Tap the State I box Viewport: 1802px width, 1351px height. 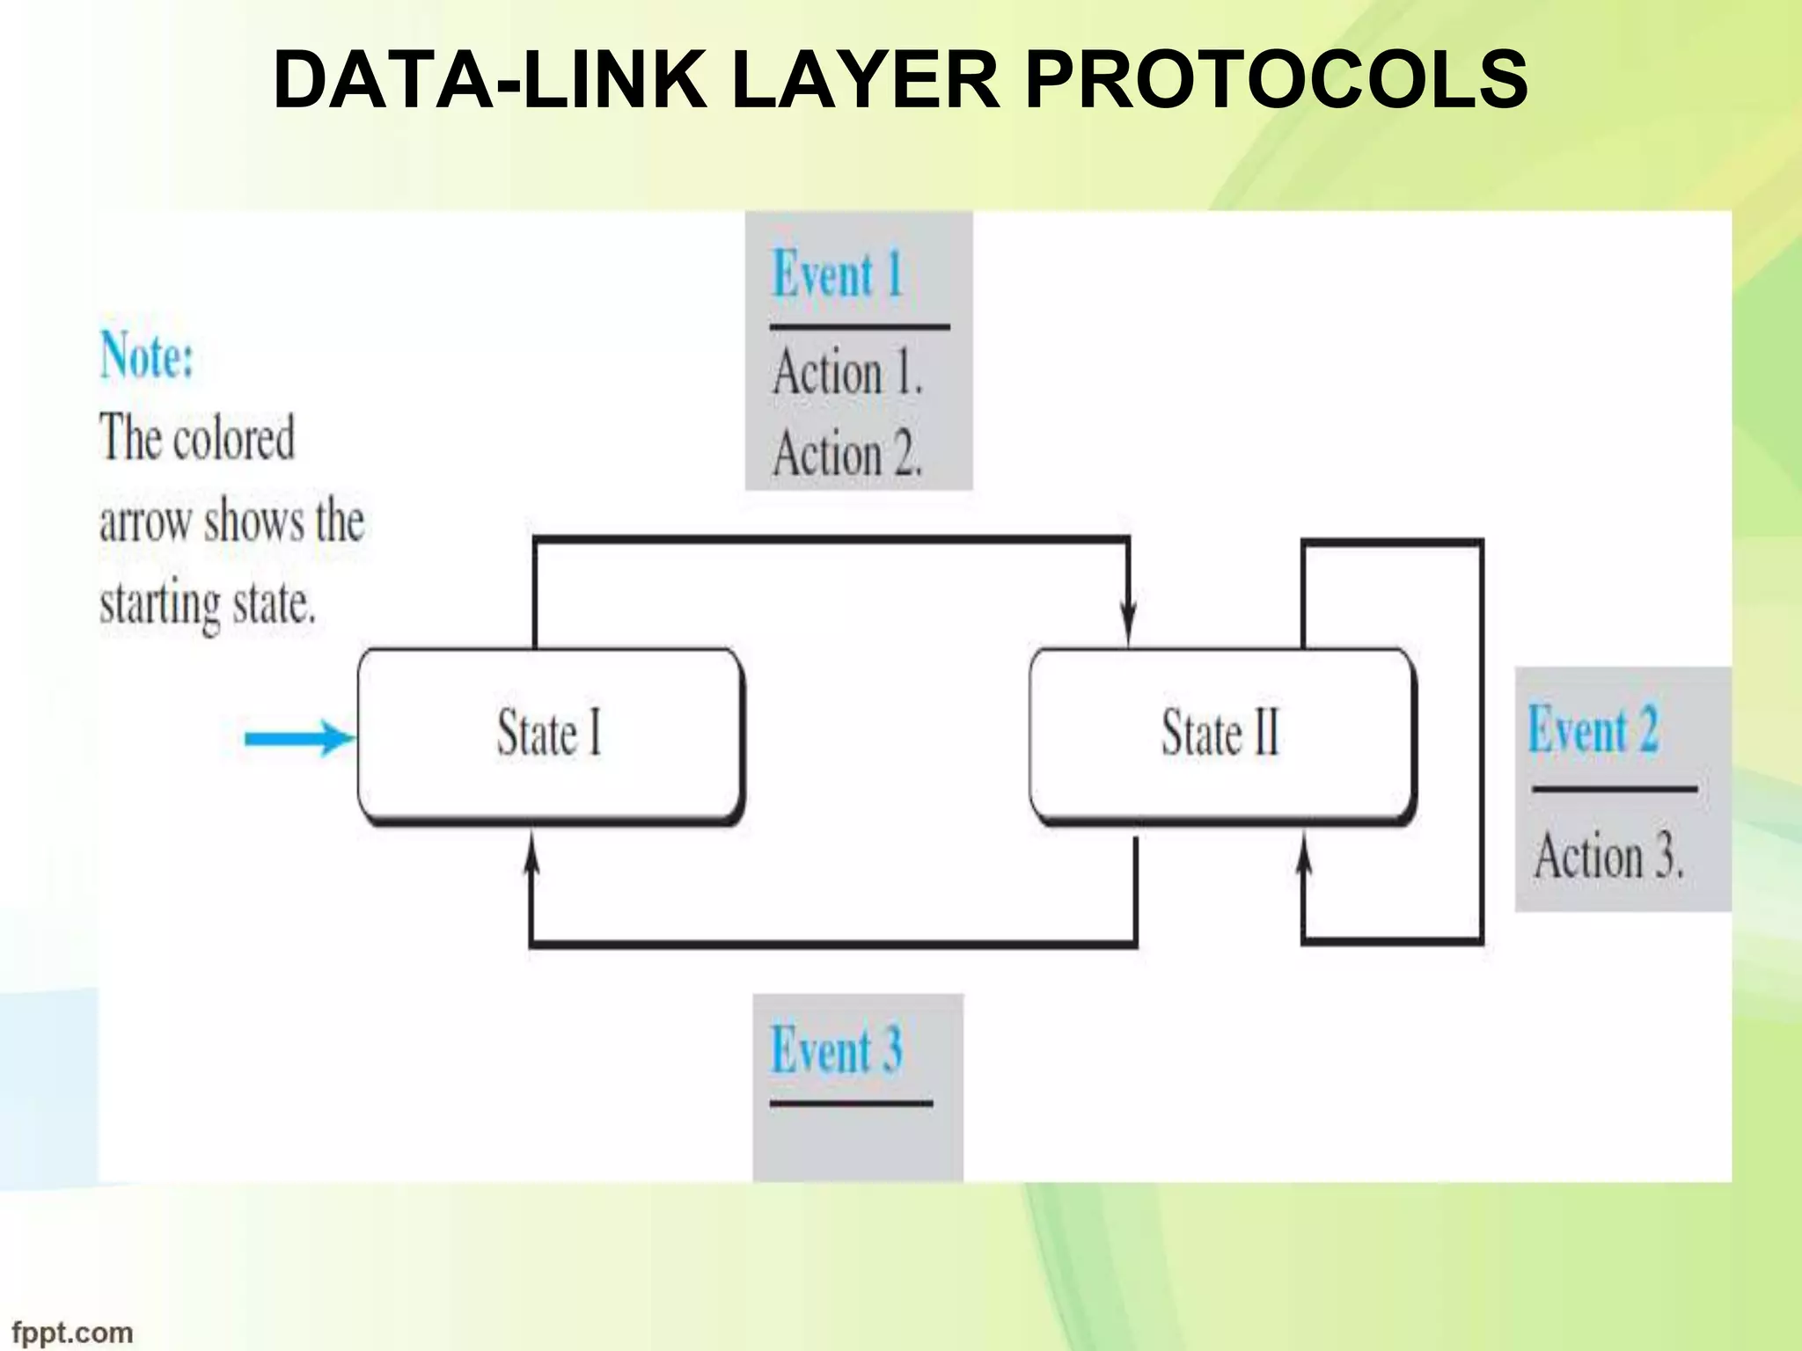pos(550,734)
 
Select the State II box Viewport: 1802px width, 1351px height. pos(1221,734)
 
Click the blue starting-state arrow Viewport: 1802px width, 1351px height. pos(299,738)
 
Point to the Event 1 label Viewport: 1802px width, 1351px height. pos(838,274)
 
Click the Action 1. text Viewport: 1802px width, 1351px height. pos(847,372)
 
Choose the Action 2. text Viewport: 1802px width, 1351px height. pos(847,455)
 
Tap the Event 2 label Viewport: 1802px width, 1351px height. pos(1593,729)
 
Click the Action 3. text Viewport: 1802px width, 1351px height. pos(1608,856)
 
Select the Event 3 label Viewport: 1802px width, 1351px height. pos(836,1049)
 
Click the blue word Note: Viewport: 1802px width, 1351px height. pos(147,356)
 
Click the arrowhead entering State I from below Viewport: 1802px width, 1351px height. pos(531,852)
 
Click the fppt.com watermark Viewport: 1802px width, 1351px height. pos(72,1333)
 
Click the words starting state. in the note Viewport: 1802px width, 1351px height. pos(208,604)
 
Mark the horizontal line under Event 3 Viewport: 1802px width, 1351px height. pos(851,1102)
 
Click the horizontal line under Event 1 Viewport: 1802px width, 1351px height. pos(860,326)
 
